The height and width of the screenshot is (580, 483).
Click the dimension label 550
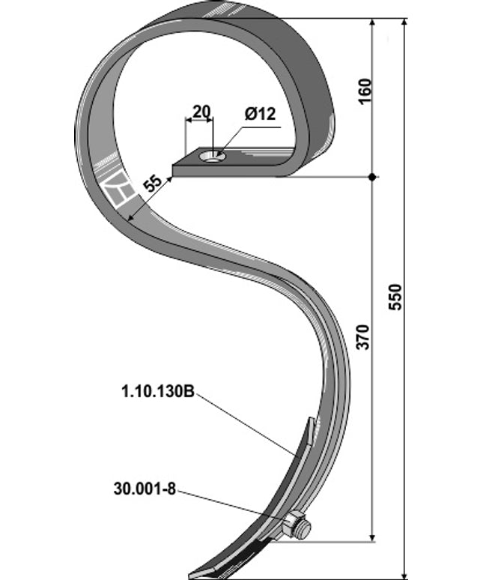pyautogui.click(x=397, y=297)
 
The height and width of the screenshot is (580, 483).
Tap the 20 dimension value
pyautogui.click(x=200, y=112)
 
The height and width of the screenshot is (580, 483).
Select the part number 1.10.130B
pyautogui.click(x=157, y=390)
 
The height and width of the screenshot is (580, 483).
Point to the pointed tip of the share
pyautogui.click(x=192, y=576)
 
